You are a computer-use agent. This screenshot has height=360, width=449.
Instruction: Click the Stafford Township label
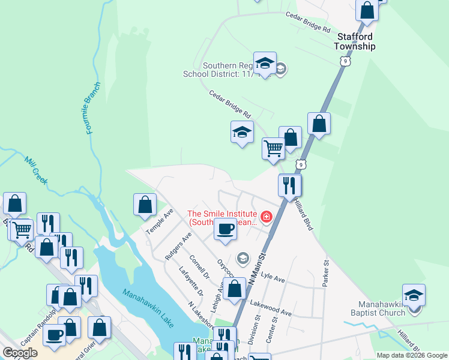(355, 41)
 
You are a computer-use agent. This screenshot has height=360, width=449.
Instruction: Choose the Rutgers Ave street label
(178, 246)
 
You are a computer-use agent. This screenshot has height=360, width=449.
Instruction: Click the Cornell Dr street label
(199, 267)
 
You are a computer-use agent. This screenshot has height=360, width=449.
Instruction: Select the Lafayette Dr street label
(191, 281)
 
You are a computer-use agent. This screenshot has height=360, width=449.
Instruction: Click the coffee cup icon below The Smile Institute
(225, 229)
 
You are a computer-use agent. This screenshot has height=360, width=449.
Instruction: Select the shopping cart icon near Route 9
(273, 148)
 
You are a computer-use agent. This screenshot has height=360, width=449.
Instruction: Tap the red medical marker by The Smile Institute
(265, 216)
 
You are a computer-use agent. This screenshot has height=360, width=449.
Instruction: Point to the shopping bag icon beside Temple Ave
(145, 204)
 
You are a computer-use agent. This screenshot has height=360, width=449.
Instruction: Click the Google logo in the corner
(20, 353)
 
